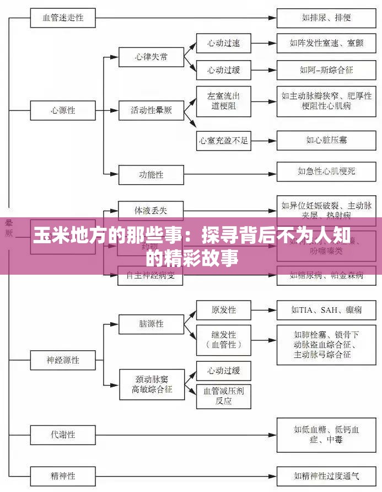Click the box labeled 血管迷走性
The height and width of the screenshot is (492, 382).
[x=63, y=17]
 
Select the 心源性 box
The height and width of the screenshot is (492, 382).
[x=63, y=110]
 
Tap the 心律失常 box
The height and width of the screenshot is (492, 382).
[x=151, y=57]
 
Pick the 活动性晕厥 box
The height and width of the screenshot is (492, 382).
[x=151, y=110]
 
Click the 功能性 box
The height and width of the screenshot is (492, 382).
[x=151, y=175]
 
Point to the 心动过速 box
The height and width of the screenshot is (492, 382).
[x=223, y=43]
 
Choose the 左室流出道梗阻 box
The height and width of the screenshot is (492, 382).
[x=223, y=101]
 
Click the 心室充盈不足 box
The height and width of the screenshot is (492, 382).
[x=223, y=140]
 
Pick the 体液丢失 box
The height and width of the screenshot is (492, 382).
[x=151, y=210]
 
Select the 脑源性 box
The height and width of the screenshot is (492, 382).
[x=151, y=324]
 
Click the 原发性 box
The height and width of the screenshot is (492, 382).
[x=223, y=310]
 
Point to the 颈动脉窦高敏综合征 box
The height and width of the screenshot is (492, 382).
[x=151, y=384]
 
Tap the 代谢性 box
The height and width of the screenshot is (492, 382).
[x=63, y=434]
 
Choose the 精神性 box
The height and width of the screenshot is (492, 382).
[x=63, y=474]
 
